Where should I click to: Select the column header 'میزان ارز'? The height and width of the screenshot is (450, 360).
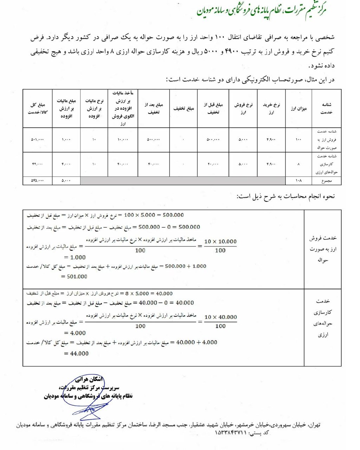click(x=298, y=108)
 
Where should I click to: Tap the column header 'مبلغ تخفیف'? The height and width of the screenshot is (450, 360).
click(x=183, y=108)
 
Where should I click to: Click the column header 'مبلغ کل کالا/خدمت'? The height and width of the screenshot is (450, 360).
click(x=37, y=108)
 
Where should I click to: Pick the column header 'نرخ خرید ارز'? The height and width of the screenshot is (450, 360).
click(x=271, y=108)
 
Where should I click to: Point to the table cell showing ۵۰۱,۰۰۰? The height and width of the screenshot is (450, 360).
click(x=37, y=140)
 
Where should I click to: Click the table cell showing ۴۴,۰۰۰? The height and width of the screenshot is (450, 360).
click(x=37, y=164)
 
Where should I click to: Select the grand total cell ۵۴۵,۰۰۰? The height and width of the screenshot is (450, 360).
click(x=37, y=181)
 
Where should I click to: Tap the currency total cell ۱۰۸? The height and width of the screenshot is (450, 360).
click(x=298, y=181)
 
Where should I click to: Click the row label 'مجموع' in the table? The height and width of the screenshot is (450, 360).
click(x=326, y=181)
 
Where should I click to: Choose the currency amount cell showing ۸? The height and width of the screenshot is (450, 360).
click(x=298, y=164)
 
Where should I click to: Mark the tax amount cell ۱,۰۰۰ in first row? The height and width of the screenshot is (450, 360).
click(x=66, y=140)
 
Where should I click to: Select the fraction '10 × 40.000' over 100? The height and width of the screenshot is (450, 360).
click(x=220, y=321)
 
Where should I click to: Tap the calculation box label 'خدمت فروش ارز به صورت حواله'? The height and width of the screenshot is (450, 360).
click(x=323, y=249)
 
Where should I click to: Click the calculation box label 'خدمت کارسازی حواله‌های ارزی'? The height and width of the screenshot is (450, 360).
click(x=323, y=318)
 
